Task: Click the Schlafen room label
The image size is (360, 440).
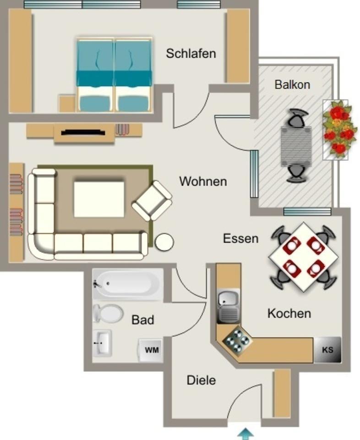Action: click(191, 53)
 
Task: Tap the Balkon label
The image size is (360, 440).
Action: click(292, 84)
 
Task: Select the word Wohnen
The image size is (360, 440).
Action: click(203, 181)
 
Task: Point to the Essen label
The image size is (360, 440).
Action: click(240, 238)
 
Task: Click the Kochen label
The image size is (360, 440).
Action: click(289, 313)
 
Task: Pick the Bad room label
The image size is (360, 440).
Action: click(142, 320)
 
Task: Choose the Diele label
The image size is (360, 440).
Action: click(201, 380)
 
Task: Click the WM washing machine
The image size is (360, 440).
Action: click(152, 350)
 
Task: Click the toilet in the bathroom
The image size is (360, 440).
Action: click(108, 314)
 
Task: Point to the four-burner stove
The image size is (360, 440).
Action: click(237, 341)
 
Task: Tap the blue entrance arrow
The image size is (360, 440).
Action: click(246, 433)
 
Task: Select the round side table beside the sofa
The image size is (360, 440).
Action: click(164, 242)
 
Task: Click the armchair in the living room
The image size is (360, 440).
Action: click(153, 201)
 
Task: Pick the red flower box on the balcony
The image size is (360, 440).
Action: click(339, 129)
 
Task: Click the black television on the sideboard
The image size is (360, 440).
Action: click(83, 132)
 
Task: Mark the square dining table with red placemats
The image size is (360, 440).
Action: click(303, 257)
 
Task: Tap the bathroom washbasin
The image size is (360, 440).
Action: click(102, 342)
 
